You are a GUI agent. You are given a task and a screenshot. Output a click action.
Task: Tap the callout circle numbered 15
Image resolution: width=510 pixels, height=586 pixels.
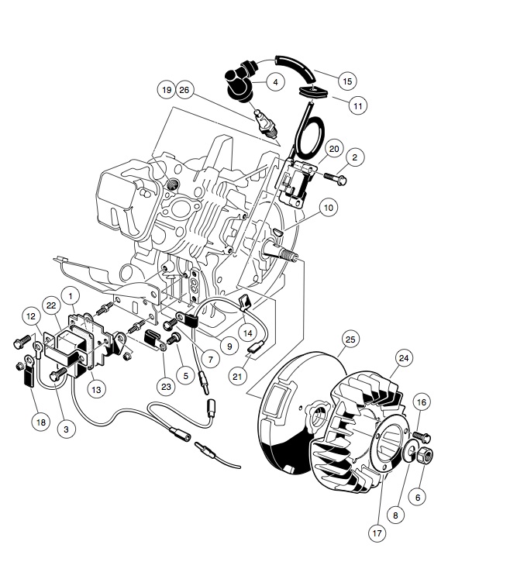346,80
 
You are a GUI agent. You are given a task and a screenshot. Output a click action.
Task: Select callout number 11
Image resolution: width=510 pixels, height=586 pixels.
357,105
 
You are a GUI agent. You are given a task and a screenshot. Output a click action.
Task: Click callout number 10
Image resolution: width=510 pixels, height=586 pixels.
328,208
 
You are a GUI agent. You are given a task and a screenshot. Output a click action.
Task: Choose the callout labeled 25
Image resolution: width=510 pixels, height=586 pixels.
350,340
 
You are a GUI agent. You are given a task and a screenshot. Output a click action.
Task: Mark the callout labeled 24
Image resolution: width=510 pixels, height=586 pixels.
403,358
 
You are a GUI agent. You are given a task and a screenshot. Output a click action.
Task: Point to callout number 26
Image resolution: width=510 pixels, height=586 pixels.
184,89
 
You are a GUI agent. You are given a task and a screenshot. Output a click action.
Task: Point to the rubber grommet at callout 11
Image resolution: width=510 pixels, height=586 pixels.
313,92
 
